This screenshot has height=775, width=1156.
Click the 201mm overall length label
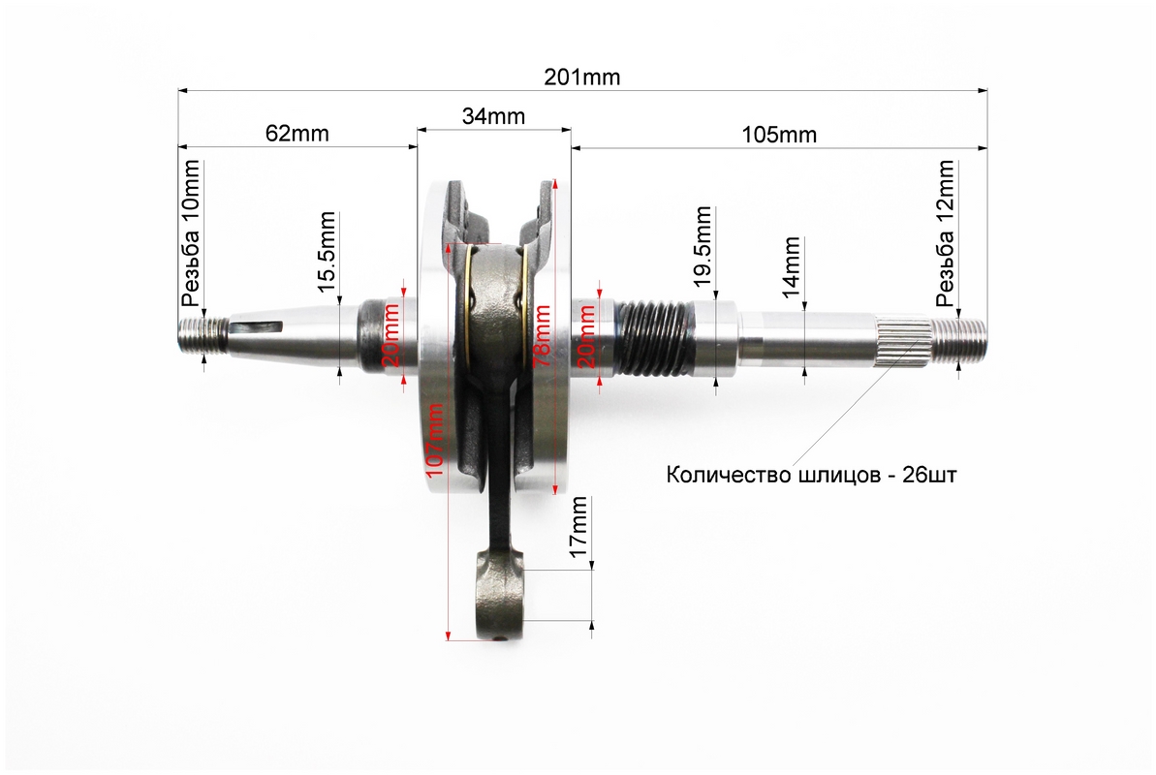tap(581, 77)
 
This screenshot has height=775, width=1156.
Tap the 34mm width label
tap(493, 117)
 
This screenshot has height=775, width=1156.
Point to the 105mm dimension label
tap(779, 135)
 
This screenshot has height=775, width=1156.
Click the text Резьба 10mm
tap(191, 243)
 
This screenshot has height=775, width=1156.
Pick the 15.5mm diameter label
tap(327, 254)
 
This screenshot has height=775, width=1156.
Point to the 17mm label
tap(578, 527)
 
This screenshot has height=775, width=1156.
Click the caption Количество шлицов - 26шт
tap(811, 476)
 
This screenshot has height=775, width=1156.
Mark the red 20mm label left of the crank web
tap(390, 335)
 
